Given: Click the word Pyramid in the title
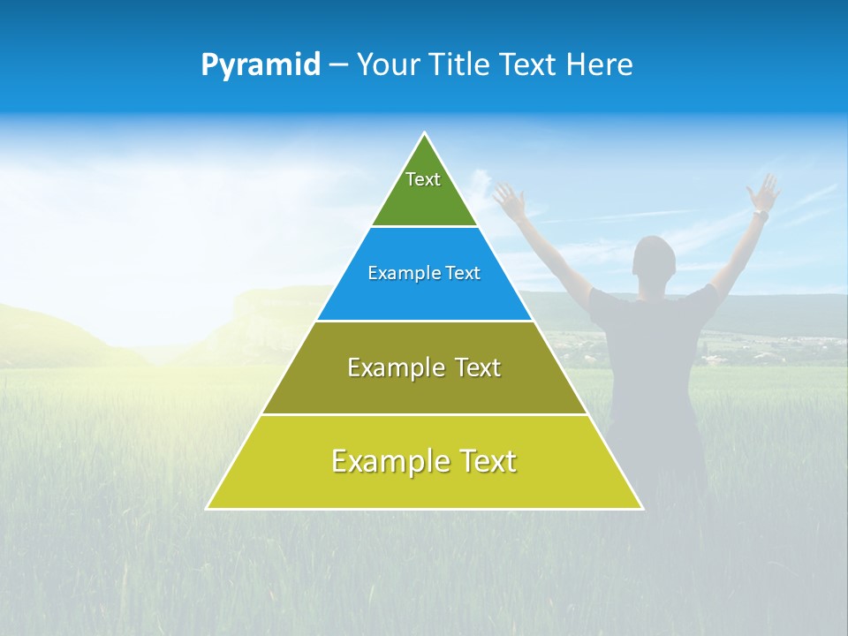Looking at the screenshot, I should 260,65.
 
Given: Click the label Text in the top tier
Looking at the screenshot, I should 423,179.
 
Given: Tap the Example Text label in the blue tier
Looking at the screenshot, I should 424,273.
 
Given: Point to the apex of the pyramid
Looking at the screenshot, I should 425,134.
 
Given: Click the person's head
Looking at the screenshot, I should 655,261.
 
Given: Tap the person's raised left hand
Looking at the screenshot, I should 508,198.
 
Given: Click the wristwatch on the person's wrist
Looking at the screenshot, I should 760,215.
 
